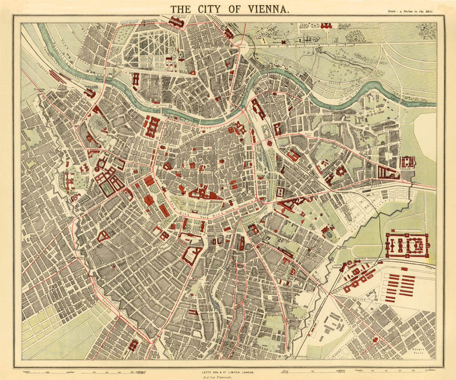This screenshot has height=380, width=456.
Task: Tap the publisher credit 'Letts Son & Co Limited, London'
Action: pos(228,372)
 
